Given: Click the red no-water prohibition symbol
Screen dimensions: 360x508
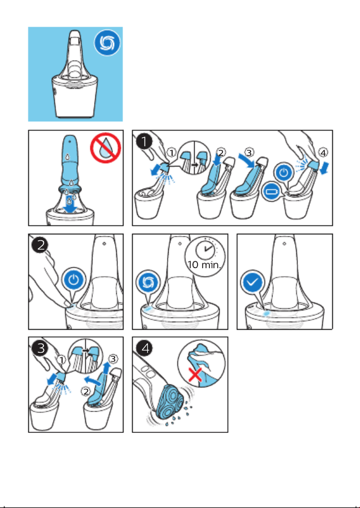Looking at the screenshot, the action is click(x=106, y=148).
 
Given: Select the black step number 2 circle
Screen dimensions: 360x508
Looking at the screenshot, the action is click(x=40, y=245).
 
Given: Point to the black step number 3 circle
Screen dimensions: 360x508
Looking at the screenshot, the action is click(x=40, y=348).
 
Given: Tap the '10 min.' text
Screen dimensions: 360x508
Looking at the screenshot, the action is click(x=204, y=265).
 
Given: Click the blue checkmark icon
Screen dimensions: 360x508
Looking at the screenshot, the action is click(x=253, y=283).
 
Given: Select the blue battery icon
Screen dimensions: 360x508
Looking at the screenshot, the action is click(x=271, y=191).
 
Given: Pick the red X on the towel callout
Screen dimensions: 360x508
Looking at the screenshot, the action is click(x=195, y=375).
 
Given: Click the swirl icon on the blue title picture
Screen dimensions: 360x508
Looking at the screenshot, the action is click(x=107, y=43).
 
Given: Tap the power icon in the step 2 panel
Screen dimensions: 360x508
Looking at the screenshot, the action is click(x=74, y=280).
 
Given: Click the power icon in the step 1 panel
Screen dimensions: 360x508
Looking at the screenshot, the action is click(x=284, y=172).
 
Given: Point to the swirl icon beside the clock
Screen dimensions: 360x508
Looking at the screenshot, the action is click(x=148, y=283).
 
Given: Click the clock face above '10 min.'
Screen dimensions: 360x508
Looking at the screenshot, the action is click(x=205, y=250).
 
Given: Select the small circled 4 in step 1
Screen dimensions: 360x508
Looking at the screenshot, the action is click(x=323, y=152).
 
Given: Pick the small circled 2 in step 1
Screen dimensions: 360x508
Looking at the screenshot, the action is click(x=221, y=152).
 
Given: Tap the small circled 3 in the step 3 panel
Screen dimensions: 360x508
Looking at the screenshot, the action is click(x=113, y=359).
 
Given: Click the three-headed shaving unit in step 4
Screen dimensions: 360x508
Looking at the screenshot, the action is click(x=169, y=402).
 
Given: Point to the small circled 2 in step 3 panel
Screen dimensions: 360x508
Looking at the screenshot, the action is click(x=85, y=392).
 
